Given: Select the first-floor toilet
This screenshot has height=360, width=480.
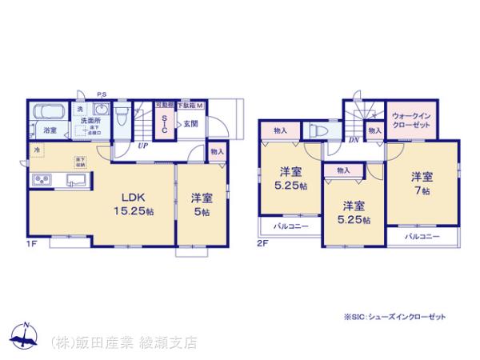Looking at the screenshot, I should click(x=120, y=118).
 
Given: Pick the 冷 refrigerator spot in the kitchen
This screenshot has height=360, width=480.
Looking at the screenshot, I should click(x=37, y=149).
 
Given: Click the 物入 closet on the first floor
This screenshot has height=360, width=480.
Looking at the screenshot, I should click(x=217, y=151).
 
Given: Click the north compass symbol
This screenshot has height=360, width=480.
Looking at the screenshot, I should click(x=26, y=335).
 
